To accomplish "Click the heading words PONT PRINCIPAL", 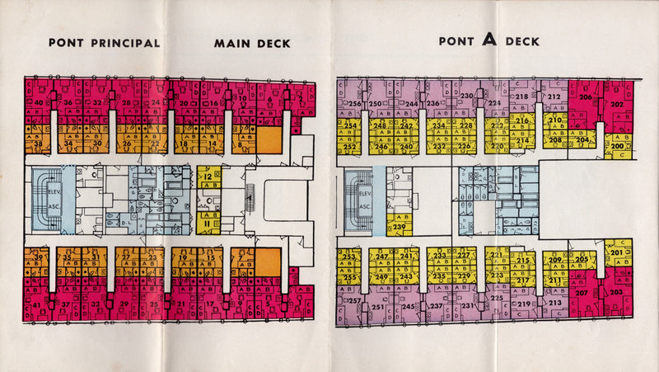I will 104,43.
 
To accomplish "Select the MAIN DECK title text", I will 252,43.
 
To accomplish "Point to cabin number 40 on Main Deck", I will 39,103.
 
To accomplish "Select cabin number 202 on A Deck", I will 616,105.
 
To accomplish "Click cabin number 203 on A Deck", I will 616,293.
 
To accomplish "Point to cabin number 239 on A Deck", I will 400,226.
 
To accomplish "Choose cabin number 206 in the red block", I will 584,97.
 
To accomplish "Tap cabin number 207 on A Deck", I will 581,293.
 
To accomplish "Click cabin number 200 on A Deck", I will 616,146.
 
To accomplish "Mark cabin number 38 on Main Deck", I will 37,144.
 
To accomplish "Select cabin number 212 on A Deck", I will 554,97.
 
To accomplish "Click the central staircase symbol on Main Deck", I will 250,199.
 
